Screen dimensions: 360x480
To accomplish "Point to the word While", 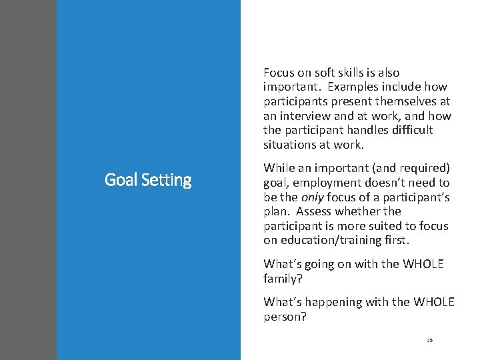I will (279, 167).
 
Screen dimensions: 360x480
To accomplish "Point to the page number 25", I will (430, 340).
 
